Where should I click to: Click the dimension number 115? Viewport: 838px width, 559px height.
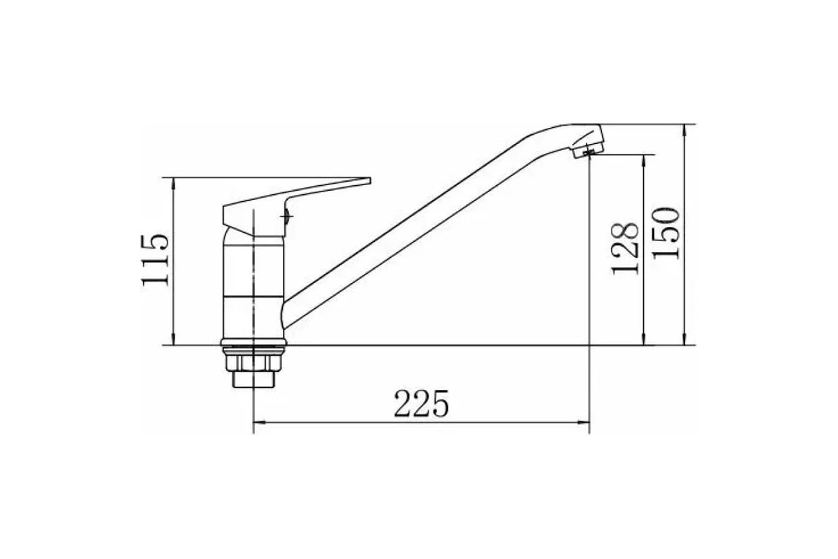155,260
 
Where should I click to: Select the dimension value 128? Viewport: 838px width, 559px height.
624,249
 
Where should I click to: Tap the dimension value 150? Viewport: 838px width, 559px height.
666,233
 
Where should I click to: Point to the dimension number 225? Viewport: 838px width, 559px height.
421,404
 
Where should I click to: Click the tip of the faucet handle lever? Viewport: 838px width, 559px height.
369,181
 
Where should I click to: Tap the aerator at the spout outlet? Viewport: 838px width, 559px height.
589,150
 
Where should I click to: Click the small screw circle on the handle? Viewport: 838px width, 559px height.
287,216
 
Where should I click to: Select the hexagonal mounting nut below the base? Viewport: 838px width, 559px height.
253,363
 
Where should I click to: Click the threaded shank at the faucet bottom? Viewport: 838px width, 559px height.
253,379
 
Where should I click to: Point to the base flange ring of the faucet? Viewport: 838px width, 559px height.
253,342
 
